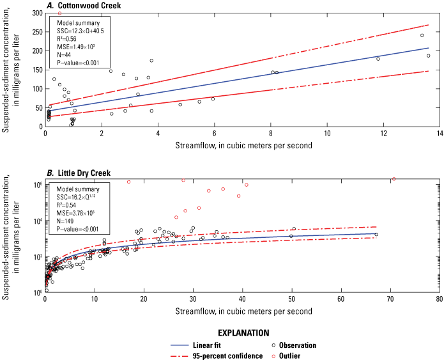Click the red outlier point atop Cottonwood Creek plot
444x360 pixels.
[x=59, y=13]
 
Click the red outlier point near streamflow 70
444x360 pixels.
[x=394, y=179]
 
